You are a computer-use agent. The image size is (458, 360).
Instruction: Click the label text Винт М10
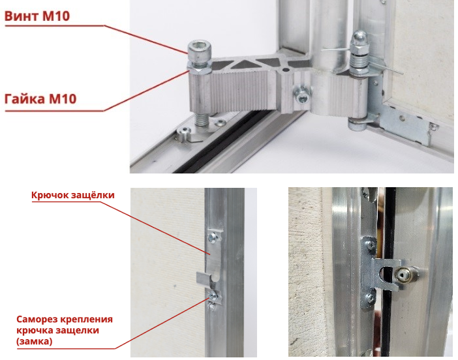pos(37,16)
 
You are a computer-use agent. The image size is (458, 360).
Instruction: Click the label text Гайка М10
pos(40,98)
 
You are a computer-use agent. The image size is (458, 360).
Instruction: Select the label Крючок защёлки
pos(72,195)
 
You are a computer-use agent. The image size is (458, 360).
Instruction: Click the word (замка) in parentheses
pos(35,341)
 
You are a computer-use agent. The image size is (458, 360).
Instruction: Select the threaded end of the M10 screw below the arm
pos(202,119)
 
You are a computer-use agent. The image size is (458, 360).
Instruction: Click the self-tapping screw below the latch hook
pos(213,297)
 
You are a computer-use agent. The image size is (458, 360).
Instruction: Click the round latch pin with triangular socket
pos(403,275)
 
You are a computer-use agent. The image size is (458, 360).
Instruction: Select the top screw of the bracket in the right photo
pos(371,246)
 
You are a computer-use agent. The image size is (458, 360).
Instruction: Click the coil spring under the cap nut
pos(358,62)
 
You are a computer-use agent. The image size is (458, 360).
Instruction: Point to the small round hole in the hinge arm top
pos(285,70)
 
